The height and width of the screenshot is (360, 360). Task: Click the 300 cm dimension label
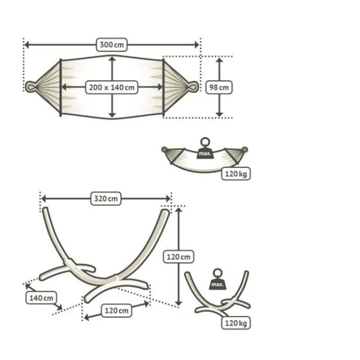click(112, 44)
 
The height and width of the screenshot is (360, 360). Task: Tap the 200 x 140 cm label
click(112, 87)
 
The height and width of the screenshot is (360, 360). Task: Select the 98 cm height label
click(219, 87)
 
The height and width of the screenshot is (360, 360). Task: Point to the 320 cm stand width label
click(106, 198)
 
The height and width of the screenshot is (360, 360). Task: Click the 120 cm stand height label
click(179, 256)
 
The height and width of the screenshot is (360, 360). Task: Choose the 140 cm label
click(41, 298)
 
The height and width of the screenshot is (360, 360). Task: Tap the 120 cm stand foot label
click(116, 310)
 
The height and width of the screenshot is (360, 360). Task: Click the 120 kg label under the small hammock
click(236, 174)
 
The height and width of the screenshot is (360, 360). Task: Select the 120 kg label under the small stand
click(236, 323)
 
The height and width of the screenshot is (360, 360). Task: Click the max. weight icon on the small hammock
click(205, 148)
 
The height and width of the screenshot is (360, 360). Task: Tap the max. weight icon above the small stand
click(217, 279)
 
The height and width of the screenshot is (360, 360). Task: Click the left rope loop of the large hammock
click(30, 87)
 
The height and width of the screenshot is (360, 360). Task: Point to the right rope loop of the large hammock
click(193, 87)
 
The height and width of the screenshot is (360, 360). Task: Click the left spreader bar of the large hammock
click(61, 87)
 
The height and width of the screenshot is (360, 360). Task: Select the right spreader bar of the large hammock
click(163, 87)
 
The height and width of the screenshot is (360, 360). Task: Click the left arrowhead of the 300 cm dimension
click(26, 44)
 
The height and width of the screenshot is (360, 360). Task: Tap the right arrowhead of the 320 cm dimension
click(168, 198)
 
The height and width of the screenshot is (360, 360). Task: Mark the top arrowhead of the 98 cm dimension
click(220, 60)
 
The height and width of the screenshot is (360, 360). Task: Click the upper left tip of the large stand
click(45, 209)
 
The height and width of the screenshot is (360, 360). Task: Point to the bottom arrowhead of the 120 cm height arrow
click(179, 304)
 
